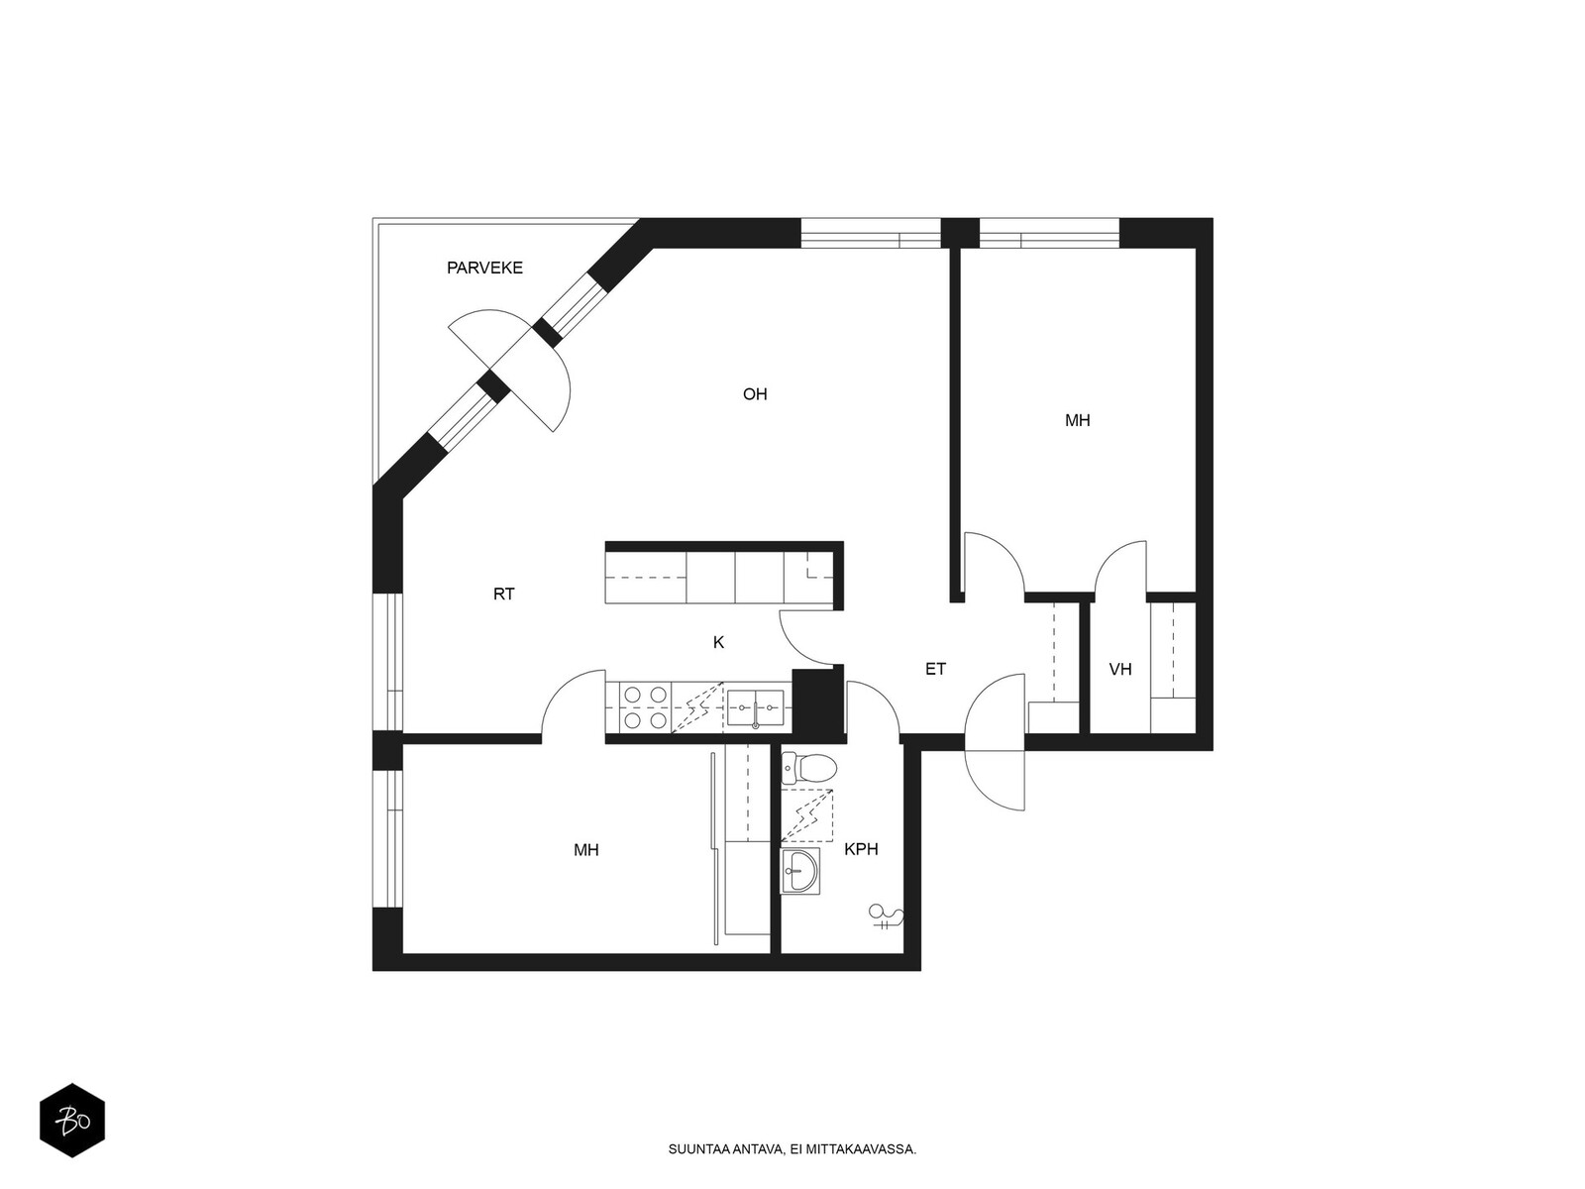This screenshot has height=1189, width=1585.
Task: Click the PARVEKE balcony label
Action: point(484,268)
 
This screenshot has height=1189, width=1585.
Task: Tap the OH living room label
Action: point(755,394)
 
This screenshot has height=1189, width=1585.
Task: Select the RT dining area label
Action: point(504,594)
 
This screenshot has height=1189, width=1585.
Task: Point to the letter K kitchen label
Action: point(718,642)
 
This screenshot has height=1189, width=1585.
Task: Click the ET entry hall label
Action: point(935,669)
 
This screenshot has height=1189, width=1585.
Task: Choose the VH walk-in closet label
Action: point(1120,669)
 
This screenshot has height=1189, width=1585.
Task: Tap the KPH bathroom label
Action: point(861,849)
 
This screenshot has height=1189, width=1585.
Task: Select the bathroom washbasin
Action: point(800,871)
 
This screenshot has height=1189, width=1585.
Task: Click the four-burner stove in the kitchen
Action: point(646,707)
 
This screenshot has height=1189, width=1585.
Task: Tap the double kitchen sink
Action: point(755,708)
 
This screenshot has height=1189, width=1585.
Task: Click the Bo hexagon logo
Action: point(72,1121)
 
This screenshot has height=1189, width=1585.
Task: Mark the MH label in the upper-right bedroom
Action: point(1078,420)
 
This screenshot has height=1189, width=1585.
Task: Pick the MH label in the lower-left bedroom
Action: point(586,850)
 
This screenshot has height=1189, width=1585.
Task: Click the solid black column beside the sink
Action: point(818,703)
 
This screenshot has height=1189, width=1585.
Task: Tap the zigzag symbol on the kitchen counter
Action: point(697,707)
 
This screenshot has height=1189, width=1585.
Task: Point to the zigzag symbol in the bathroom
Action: point(807,815)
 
